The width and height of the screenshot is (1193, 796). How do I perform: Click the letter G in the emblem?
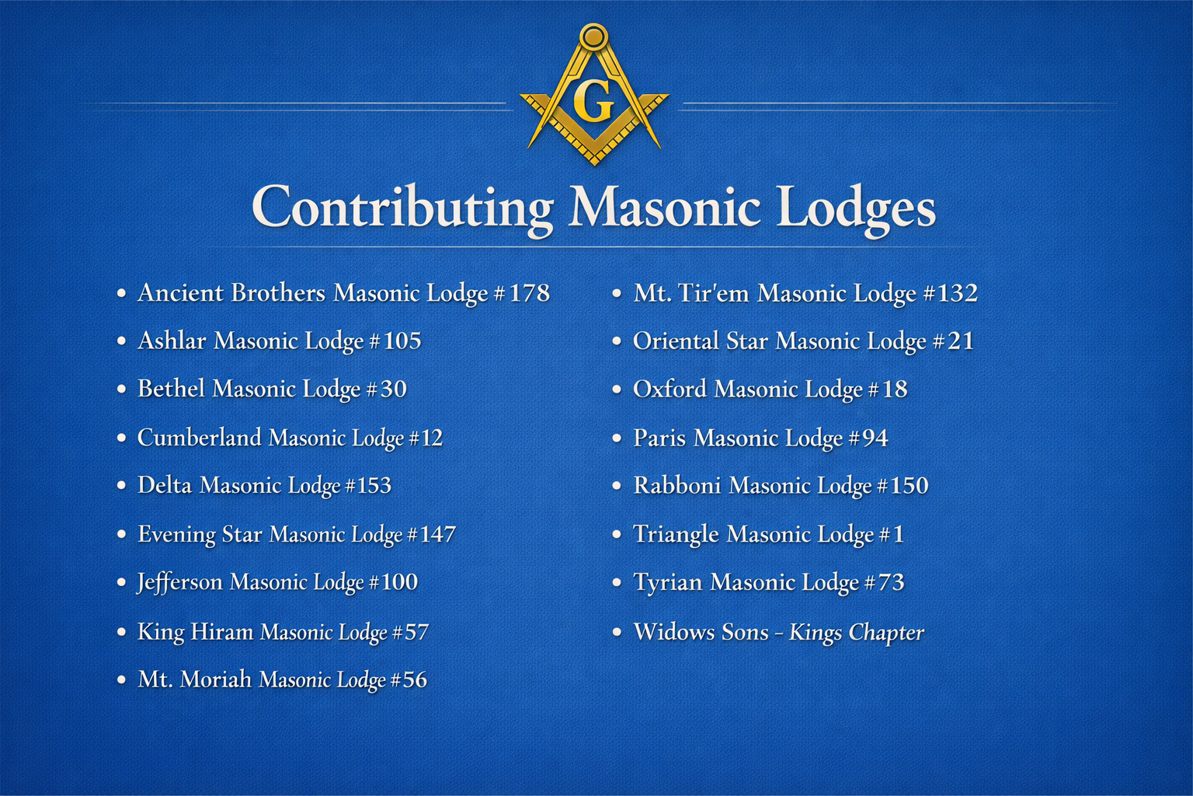pyautogui.click(x=593, y=101)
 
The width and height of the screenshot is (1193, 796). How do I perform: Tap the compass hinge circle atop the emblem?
pyautogui.click(x=593, y=36)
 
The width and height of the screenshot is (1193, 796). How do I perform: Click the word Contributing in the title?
pyautogui.click(x=402, y=208)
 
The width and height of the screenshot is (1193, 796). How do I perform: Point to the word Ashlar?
pyautogui.click(x=172, y=341)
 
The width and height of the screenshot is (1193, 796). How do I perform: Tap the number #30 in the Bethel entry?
pyautogui.click(x=386, y=389)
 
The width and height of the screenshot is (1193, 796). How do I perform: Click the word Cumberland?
pyautogui.click(x=199, y=438)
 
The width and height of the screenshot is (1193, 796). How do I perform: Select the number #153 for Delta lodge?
pyautogui.click(x=368, y=486)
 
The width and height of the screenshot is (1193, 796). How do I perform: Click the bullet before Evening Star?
pyautogui.click(x=121, y=535)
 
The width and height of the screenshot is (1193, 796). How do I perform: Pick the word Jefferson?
pyautogui.click(x=179, y=582)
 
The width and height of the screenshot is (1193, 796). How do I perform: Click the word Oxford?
pyautogui.click(x=670, y=389)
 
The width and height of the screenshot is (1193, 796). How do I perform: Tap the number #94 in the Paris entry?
pyautogui.click(x=868, y=438)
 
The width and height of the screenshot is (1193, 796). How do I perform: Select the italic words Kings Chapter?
pyautogui.click(x=856, y=633)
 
